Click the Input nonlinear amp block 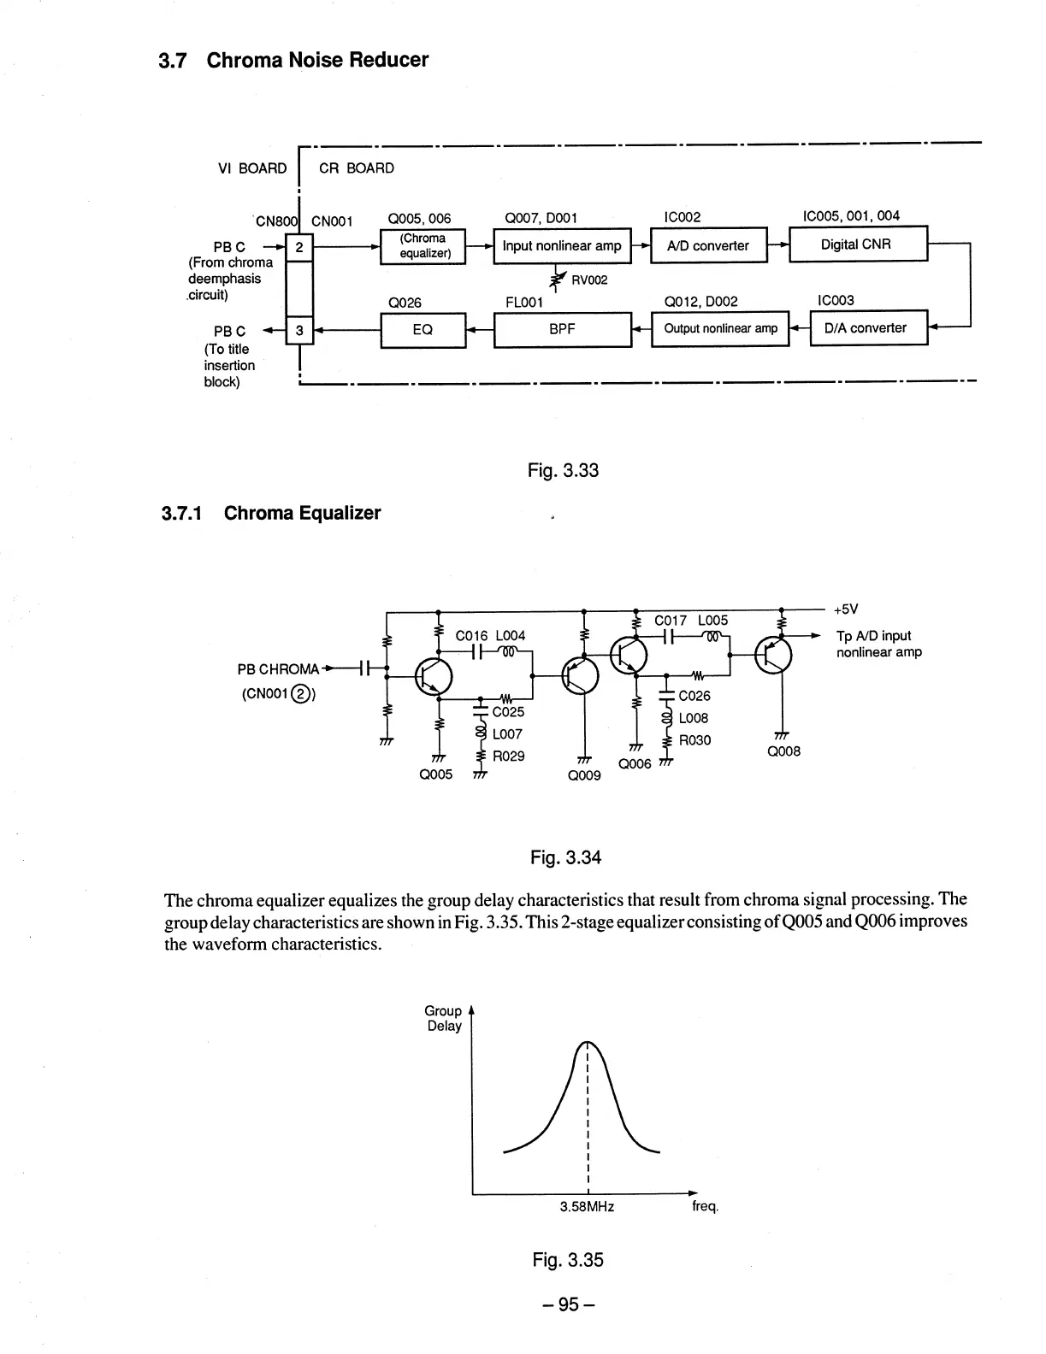[x=562, y=246]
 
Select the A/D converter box [x=709, y=246]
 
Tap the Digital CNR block [x=857, y=244]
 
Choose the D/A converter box [x=867, y=328]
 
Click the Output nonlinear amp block [x=719, y=329]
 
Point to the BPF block [x=562, y=329]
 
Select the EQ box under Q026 [x=423, y=329]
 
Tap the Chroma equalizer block [x=423, y=246]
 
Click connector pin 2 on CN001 [x=299, y=248]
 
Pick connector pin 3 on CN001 [x=299, y=330]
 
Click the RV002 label [x=589, y=280]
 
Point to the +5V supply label [x=845, y=609]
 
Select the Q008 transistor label [x=784, y=751]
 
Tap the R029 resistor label [x=509, y=756]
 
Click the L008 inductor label [x=694, y=718]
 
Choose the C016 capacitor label [x=471, y=636]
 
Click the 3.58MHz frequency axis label [x=587, y=1207]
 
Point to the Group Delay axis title [x=444, y=1018]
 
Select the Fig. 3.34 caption [x=565, y=857]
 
